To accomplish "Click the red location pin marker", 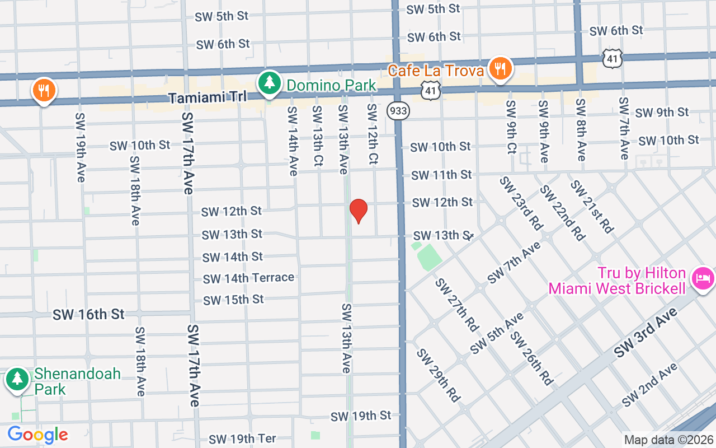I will [x=358, y=211].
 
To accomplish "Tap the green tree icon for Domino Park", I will [x=270, y=83].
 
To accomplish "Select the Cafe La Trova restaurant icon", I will [x=500, y=69].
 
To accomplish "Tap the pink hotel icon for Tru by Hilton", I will [x=702, y=277].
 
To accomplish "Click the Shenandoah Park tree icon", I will [x=17, y=379].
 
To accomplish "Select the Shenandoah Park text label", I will [x=77, y=381].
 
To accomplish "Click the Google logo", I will [x=37, y=435].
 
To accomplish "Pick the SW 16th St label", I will [x=88, y=314].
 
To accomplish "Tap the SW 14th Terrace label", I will [x=248, y=278].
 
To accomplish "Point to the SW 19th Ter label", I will [x=242, y=439].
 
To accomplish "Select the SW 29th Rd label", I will [x=438, y=375].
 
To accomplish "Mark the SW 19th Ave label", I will [x=81, y=147].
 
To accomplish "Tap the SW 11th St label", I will [x=441, y=175].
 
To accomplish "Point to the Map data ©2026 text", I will [x=668, y=440].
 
